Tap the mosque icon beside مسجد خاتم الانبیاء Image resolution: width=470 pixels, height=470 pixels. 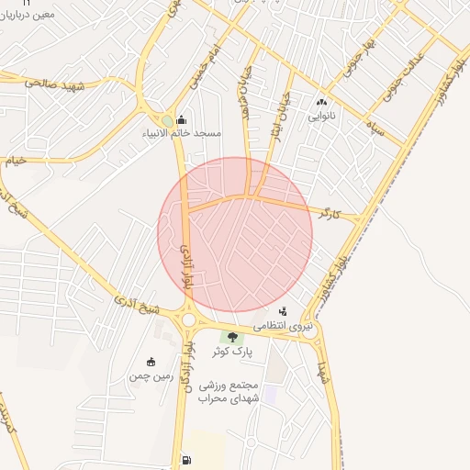180,119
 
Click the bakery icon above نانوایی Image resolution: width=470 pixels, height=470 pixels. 322,102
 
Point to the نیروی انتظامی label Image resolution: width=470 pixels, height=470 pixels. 287,326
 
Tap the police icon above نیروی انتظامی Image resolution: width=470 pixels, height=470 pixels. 283,312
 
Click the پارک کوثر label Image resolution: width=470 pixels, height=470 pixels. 230,352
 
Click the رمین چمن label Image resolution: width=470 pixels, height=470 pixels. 151,375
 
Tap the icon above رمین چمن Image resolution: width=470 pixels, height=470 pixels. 151,362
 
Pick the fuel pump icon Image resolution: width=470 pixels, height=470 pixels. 187,460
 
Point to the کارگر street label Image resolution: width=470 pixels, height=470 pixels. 330,214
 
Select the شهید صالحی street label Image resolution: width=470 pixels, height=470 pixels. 55,83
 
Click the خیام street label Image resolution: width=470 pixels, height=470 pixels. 17,161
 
